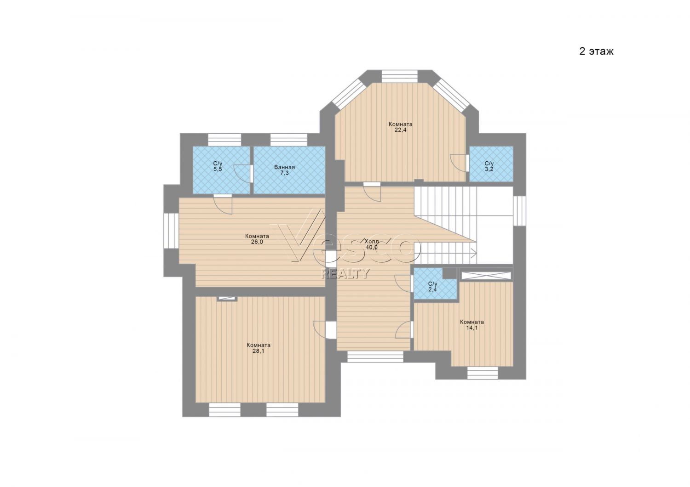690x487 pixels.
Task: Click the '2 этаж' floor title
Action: pos(596,51)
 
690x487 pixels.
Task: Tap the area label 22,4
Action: pos(401,130)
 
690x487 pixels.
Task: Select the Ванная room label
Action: pos(284,167)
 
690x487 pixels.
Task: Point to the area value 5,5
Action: pos(218,169)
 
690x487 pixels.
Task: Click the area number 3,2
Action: pos(489,169)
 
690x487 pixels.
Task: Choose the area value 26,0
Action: pos(257,242)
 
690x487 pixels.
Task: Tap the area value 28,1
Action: pos(259,351)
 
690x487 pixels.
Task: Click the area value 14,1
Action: pos(471,328)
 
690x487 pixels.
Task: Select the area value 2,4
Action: pos(432,289)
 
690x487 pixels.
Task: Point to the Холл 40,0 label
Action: pos(372,243)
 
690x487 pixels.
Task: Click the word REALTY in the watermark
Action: pos(345,273)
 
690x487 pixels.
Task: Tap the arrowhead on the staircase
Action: pos(474,254)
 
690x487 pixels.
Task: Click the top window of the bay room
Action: pos(400,76)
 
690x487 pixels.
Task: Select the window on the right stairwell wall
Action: pos(520,211)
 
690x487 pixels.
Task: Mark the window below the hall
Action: pos(375,357)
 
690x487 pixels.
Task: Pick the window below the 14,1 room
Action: pos(483,373)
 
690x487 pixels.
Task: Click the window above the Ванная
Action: pos(288,139)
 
